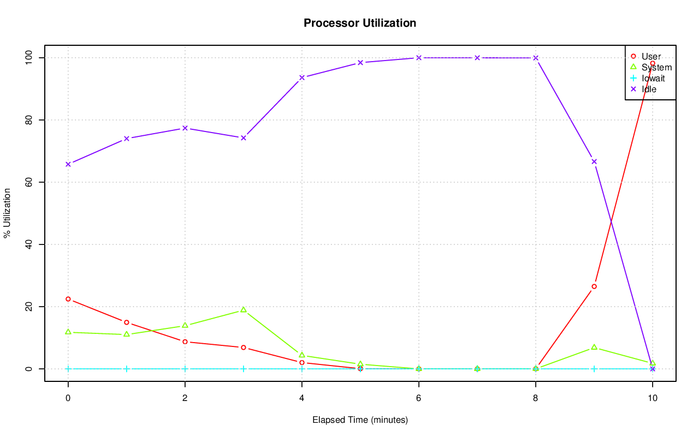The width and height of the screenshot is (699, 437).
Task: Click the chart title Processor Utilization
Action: pos(360,23)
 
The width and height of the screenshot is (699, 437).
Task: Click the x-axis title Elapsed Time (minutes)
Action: pos(360,420)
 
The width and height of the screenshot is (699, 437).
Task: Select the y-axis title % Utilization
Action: pos(7,213)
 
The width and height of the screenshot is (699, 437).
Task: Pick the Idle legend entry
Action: pos(649,89)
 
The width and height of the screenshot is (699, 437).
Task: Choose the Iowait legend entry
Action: pos(653,78)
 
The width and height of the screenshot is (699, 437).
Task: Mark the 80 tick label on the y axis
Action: pos(28,119)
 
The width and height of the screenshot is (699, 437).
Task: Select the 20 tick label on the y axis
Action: pos(28,307)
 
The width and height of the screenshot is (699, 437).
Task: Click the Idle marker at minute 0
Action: pos(68,164)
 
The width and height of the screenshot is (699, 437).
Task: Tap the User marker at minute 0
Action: pos(68,299)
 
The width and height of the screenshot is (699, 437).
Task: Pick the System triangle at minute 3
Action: pos(244,310)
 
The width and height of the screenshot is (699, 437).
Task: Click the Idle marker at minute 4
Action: pos(301,77)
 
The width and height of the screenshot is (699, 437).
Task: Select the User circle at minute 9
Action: pos(594,286)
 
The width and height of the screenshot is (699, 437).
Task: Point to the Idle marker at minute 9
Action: pos(594,161)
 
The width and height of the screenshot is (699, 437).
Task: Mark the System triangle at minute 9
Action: pos(594,348)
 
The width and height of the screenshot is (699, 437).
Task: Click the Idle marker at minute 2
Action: pos(185,128)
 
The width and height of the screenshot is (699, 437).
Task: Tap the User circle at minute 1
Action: pos(127,322)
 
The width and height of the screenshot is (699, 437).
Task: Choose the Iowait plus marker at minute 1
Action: pos(127,369)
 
